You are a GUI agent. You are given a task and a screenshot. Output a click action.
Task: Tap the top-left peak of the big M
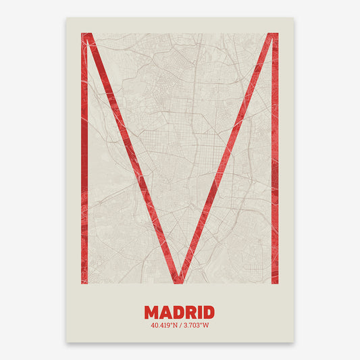(x=86, y=35)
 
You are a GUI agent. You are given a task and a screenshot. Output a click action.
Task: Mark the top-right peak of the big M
(x=273, y=35)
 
